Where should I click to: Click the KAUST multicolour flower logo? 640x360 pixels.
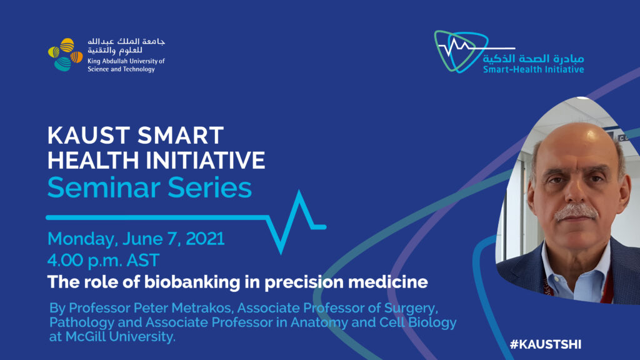coord(65,55)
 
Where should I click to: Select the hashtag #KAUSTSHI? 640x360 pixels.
coord(545,344)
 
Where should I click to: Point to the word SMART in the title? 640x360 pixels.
coord(181,135)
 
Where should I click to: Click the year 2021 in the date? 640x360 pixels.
coord(205,239)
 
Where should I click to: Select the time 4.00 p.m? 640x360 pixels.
coord(84,261)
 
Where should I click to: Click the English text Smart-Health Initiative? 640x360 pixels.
coord(534,69)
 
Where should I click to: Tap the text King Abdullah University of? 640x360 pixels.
coord(126,61)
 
